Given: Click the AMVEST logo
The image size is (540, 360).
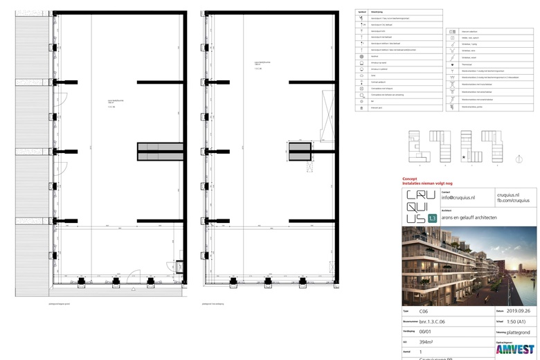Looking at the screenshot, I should coord(515,350).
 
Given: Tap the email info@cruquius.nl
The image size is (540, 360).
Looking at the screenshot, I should coord(458,197).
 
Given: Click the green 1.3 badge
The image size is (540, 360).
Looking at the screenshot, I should coord(433,218).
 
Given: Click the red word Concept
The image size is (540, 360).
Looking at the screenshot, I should coord(411,179).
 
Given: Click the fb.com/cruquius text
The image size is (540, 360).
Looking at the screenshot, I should coord(512,200).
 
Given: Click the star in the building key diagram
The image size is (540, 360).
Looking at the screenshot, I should coord(463,156).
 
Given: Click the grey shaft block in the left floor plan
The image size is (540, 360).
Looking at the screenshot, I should coord(159,152).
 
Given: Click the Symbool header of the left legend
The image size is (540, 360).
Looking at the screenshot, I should coord(361,12).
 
